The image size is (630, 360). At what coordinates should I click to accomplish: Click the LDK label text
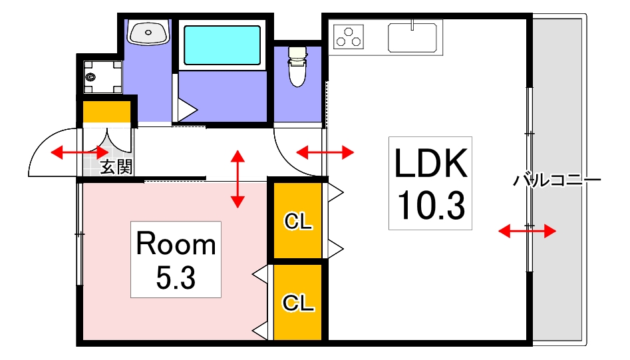click(430, 163)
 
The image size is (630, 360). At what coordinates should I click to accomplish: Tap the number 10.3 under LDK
click(430, 206)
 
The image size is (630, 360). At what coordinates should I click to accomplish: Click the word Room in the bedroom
click(176, 245)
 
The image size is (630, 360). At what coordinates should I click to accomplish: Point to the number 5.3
click(176, 277)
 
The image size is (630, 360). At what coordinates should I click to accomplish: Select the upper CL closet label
click(298, 222)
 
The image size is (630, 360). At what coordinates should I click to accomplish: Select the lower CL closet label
click(298, 303)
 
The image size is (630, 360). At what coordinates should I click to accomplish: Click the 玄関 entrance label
click(116, 167)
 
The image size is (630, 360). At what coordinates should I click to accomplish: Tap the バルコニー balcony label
click(557, 180)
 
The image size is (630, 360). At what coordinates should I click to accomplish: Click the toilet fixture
click(297, 67)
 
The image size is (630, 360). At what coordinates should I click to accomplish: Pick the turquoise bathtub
click(222, 45)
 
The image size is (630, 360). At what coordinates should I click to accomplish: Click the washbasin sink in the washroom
click(149, 32)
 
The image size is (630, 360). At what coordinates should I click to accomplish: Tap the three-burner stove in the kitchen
click(349, 37)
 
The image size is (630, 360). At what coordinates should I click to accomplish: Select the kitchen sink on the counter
click(412, 36)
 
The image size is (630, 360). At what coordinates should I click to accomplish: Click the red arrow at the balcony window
click(527, 231)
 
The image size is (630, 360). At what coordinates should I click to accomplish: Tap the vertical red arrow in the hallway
click(237, 178)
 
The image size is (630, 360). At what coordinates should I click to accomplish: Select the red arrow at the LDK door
click(325, 153)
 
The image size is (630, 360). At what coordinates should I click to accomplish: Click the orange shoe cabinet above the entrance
click(106, 112)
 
